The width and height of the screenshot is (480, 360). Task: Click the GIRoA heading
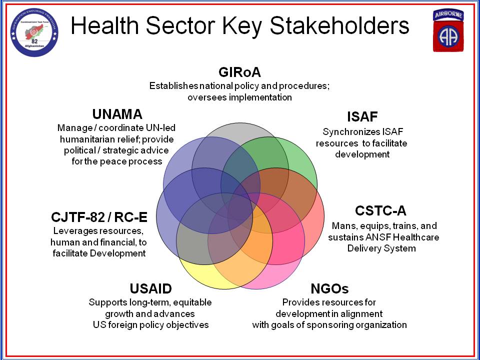tap(239, 72)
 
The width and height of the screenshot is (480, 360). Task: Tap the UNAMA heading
tap(117, 114)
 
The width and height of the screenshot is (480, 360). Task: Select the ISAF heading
tap(362, 116)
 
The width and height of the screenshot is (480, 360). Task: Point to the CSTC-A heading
tap(380, 211)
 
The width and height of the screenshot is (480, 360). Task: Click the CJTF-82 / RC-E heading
tap(99, 217)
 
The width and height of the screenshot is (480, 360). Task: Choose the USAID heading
tap(150, 288)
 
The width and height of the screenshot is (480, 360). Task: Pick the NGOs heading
tap(329, 288)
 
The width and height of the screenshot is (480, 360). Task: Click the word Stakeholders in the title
tap(340, 25)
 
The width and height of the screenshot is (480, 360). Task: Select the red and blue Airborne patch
tap(448, 30)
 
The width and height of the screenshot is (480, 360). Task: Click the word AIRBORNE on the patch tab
tap(448, 14)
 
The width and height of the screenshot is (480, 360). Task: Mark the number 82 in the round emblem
tap(34, 41)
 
